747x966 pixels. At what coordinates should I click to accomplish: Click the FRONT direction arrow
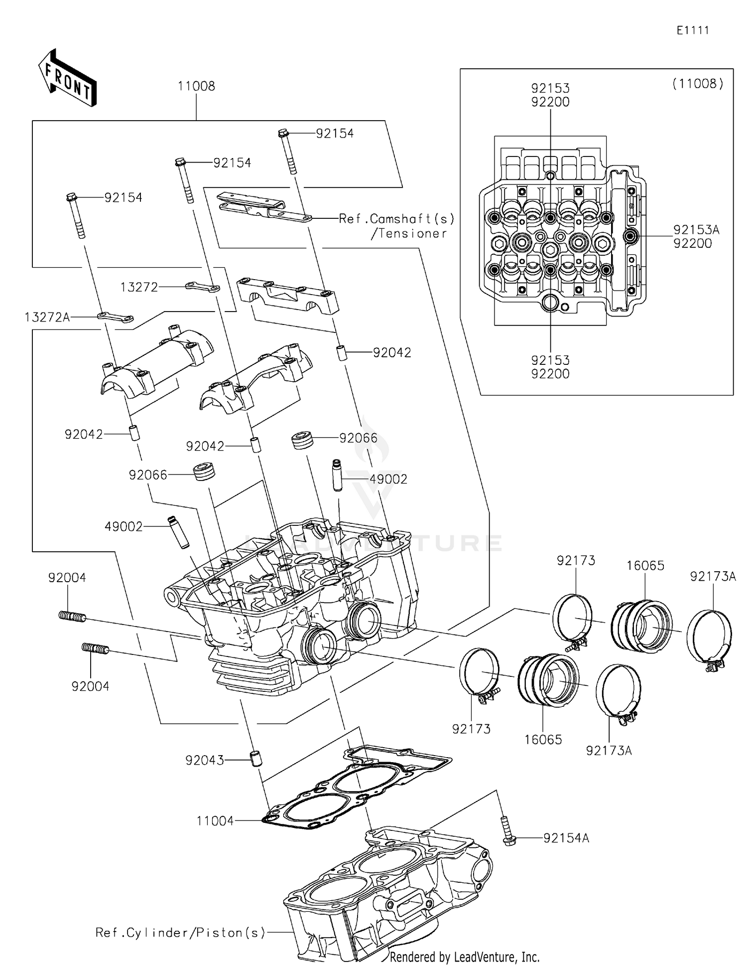point(67,78)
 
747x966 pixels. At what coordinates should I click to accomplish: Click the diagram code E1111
point(692,30)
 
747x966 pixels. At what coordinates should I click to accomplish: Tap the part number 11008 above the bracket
point(196,86)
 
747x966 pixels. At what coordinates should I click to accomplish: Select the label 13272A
point(47,317)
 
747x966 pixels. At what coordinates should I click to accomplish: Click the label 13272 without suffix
point(139,287)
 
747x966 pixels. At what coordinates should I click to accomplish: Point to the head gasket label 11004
point(215,821)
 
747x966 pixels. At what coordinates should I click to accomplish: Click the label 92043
point(204,761)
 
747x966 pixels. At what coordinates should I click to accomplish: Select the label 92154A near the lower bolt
point(566,838)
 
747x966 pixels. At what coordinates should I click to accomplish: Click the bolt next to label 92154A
point(507,830)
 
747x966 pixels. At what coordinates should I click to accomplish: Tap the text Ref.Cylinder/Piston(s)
point(181,933)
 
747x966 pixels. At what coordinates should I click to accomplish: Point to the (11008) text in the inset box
point(698,84)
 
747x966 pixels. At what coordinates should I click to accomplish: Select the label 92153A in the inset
point(696,230)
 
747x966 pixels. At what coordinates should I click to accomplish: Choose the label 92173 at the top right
point(576,561)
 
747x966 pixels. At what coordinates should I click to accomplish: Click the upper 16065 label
point(645,566)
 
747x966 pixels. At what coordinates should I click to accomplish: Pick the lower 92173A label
point(609,751)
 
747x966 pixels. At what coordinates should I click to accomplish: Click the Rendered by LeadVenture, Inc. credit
point(464,957)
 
